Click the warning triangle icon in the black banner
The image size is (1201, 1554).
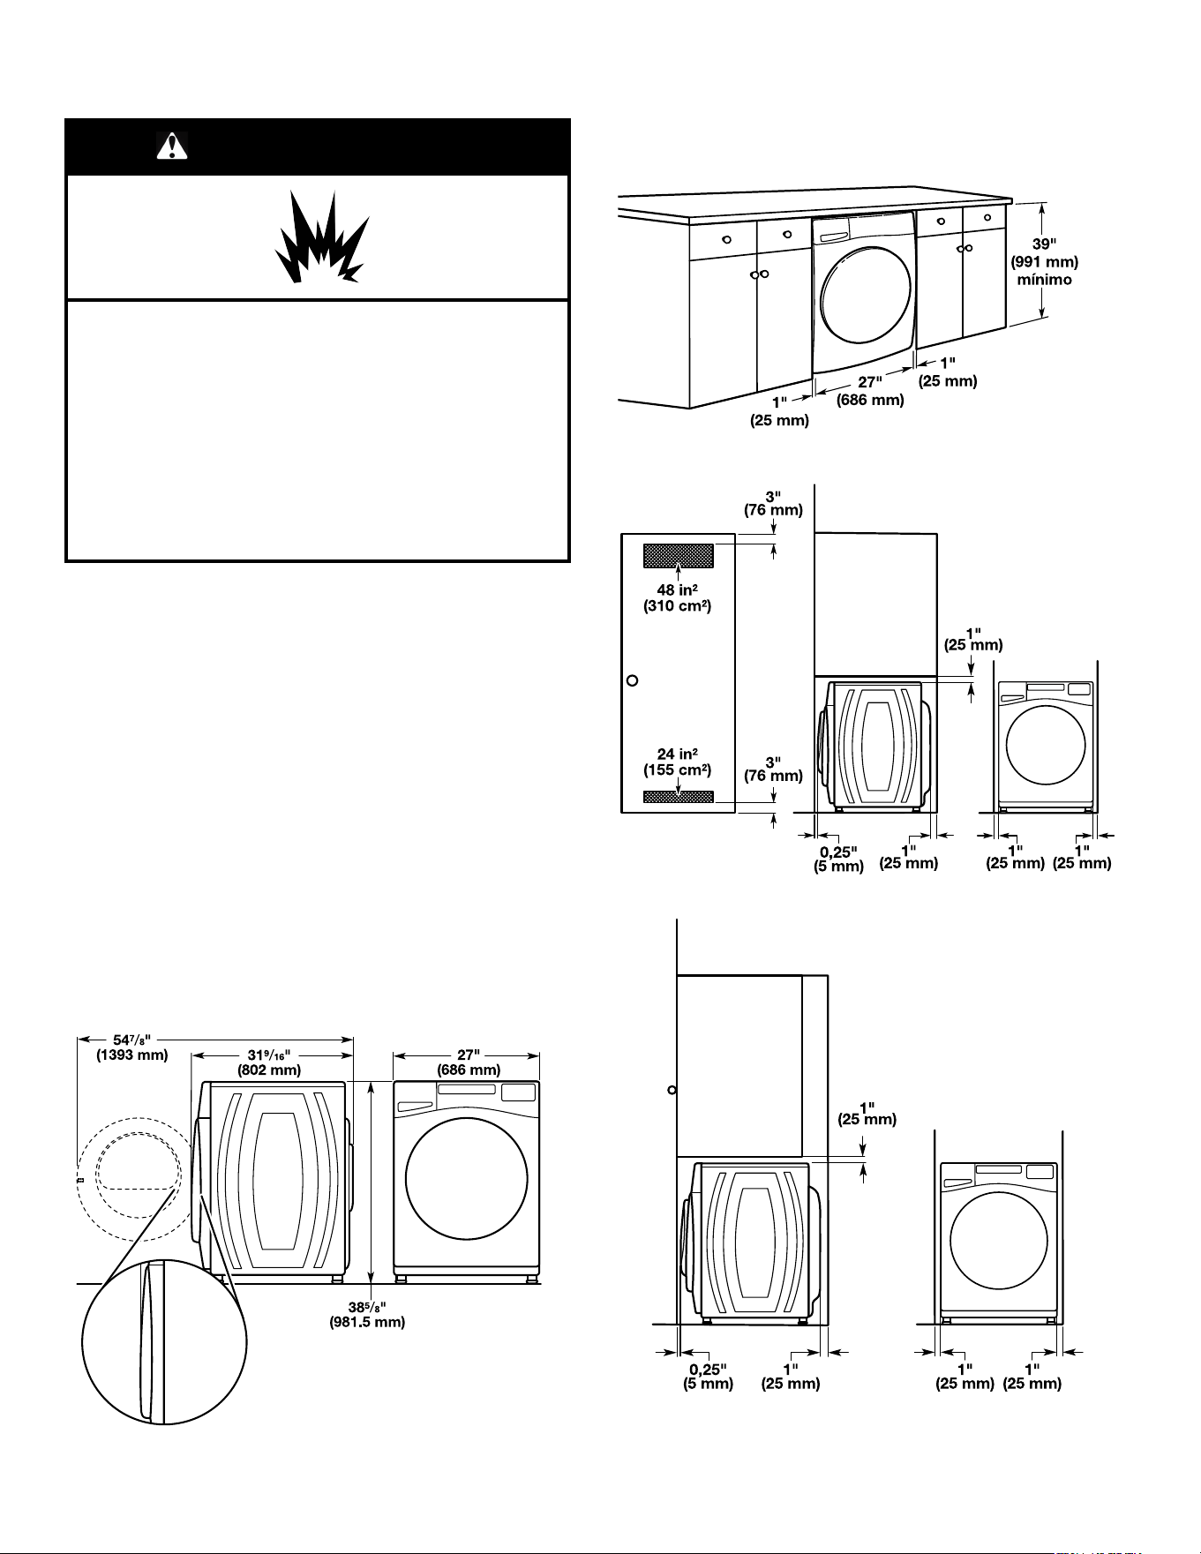pos(172,146)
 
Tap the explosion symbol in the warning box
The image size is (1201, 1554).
pos(321,237)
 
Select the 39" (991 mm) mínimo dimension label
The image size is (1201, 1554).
pos(1044,261)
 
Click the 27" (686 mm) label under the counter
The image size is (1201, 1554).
pos(870,391)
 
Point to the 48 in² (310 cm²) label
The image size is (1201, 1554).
pos(677,597)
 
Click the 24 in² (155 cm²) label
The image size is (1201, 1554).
pos(677,761)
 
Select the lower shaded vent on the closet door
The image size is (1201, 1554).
pos(678,797)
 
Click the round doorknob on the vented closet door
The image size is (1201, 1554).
pos(632,681)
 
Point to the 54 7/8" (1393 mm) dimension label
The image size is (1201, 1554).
pos(131,1047)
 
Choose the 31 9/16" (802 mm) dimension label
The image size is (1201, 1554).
pos(269,1062)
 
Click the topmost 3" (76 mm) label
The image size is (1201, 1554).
pos(773,503)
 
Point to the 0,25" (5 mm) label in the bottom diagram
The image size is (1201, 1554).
pos(708,1377)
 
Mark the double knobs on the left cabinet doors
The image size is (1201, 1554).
pos(760,274)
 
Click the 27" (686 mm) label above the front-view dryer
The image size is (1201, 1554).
pos(469,1062)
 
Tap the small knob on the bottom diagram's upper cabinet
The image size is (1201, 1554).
pos(672,1090)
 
